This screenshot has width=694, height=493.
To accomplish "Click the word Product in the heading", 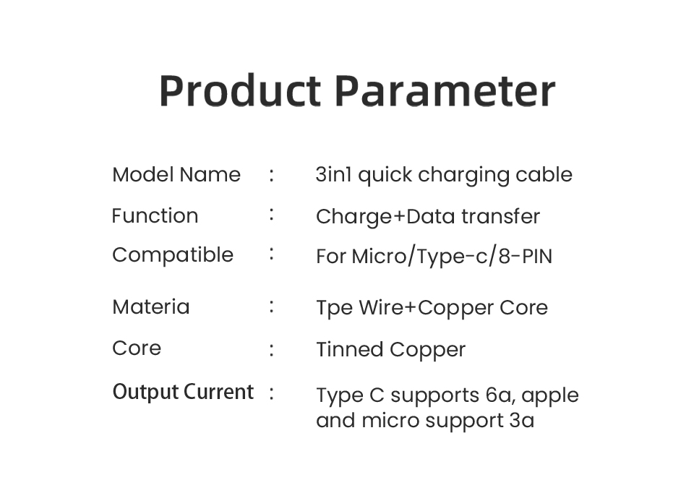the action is (239, 91).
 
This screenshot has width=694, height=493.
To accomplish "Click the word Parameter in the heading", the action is (445, 91).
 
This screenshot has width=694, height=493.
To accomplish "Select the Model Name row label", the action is (176, 174).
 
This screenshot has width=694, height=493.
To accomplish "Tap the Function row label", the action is (155, 215).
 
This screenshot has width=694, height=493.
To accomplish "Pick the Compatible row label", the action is (173, 255).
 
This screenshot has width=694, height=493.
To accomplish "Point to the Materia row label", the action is (151, 306).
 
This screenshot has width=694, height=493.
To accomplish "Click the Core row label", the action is (137, 348).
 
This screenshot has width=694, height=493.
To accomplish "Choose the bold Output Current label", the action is (183, 392).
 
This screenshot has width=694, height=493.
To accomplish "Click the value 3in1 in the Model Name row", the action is (334, 174).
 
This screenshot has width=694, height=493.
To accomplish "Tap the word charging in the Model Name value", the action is (463, 176).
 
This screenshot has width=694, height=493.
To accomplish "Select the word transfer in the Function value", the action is (500, 216).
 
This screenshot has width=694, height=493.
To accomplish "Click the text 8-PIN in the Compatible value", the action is (526, 257).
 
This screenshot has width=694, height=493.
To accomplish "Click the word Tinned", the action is (350, 350).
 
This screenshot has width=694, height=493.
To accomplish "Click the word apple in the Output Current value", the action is (550, 397).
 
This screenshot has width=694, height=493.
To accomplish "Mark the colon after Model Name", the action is (271, 175).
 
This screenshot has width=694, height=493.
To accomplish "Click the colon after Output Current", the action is (271, 393).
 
